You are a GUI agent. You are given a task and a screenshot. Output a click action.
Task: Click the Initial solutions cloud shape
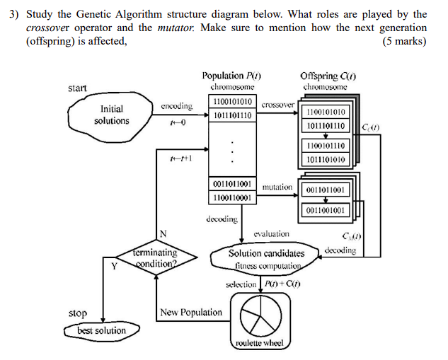click(111, 115)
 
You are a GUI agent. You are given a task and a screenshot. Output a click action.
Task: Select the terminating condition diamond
click(155, 258)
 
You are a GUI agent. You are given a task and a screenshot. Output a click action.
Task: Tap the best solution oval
click(101, 330)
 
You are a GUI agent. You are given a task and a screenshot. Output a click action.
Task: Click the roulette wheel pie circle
click(260, 315)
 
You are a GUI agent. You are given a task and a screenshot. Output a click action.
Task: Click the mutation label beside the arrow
click(277, 187)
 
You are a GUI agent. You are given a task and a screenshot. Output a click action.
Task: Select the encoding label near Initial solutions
click(176, 106)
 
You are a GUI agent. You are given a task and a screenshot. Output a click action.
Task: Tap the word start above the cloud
click(77, 88)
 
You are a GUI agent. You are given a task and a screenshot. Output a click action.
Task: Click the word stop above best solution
click(78, 313)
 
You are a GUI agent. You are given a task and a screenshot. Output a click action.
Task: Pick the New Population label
click(191, 312)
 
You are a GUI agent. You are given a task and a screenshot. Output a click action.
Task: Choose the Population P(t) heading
click(231, 76)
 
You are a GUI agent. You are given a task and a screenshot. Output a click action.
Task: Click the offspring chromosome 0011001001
click(326, 210)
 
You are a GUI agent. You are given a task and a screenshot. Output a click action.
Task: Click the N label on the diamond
click(163, 234)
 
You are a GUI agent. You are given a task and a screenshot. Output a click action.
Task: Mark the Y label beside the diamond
click(113, 266)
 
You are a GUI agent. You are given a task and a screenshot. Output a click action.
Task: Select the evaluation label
click(271, 233)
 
